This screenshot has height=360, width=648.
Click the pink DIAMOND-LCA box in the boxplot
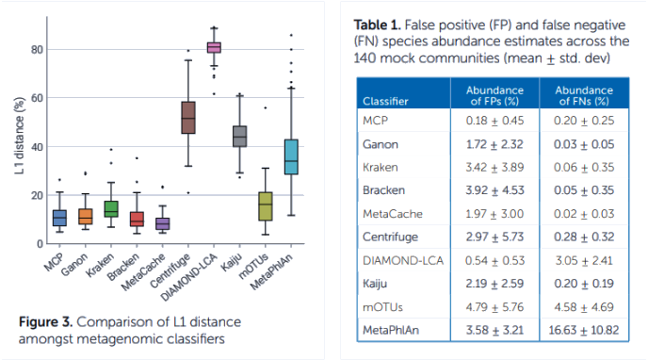[214, 47]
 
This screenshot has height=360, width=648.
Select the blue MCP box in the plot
[59, 218]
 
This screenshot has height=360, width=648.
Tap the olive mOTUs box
[266, 206]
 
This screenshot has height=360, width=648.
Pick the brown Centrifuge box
[188, 118]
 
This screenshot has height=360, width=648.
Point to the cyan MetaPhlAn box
[291, 156]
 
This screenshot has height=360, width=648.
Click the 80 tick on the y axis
[37, 50]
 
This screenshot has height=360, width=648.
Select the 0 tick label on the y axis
[40, 244]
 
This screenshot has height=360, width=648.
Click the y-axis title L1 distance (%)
[19, 136]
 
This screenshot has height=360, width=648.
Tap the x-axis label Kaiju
[232, 262]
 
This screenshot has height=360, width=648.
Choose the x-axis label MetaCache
[143, 272]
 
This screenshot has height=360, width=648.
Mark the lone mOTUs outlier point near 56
[266, 107]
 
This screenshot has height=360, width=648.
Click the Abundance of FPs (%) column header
[494, 95]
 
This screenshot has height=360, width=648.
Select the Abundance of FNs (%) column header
[584, 95]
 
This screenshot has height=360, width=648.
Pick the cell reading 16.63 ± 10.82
[584, 330]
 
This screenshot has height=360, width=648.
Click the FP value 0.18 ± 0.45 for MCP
[494, 121]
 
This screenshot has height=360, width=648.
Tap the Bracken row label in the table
[383, 190]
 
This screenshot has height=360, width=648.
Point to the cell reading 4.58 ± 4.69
[584, 307]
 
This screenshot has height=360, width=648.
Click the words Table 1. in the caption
[377, 25]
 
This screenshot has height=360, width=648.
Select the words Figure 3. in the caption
[45, 321]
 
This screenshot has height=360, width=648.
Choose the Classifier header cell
[385, 101]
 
